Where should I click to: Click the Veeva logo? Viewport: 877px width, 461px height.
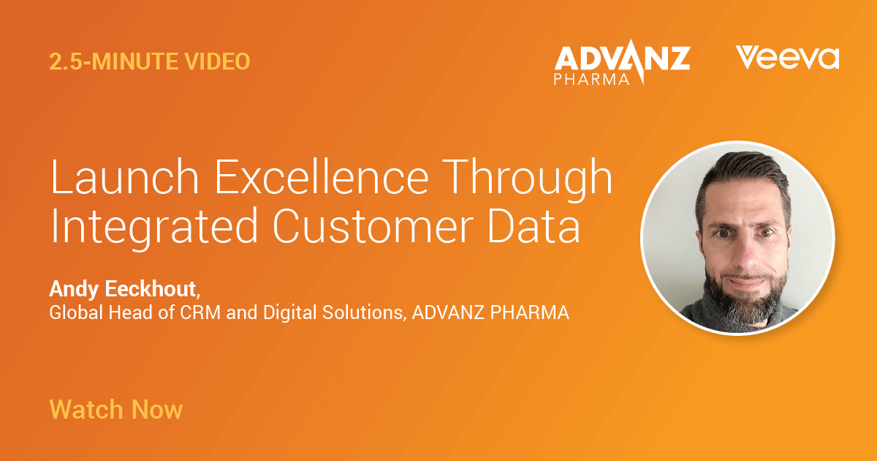787,58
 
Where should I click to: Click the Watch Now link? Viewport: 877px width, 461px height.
115,408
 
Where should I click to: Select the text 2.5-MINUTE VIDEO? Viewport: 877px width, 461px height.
150,62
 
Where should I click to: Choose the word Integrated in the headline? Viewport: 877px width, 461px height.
143,228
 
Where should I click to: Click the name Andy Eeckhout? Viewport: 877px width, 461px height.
124,289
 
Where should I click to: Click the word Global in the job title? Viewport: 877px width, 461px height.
72,313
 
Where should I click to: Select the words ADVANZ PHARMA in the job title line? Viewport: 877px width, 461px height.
490,313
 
